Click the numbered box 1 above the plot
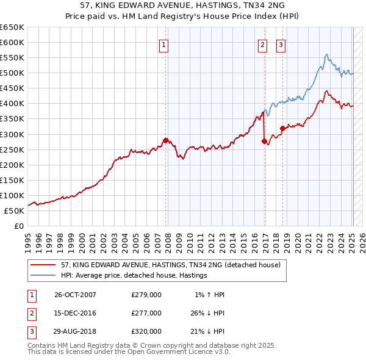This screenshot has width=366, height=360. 165,44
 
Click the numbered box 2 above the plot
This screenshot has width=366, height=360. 262,44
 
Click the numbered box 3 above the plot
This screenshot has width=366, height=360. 281,44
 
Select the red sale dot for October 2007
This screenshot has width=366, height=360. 166,140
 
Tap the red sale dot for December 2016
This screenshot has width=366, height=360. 264,141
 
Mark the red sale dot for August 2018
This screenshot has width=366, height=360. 282,128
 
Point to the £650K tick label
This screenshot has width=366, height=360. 12,27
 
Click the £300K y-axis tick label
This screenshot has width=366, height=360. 12,134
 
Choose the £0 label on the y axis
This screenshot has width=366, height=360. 19,226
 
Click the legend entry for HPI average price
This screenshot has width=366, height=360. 134,276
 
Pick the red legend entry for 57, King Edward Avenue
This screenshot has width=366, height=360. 170,265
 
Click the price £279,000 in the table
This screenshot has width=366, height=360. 146,295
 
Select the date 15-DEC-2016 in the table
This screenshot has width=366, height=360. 75,313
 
